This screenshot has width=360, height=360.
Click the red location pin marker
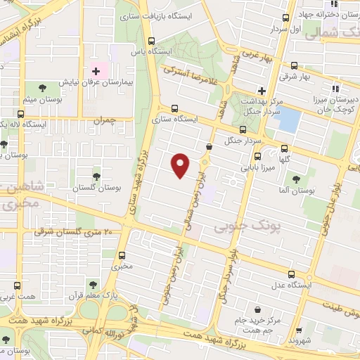(x=181, y=165)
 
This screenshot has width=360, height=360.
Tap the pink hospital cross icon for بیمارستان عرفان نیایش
(x=96, y=72)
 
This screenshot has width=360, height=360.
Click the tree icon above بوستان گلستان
(x=96, y=176)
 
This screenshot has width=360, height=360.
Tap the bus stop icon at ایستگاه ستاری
(x=174, y=108)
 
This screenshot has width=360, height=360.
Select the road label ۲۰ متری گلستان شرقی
(x=78, y=232)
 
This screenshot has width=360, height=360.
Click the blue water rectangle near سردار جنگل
(x=288, y=120)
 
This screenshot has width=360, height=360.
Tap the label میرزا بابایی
(x=260, y=167)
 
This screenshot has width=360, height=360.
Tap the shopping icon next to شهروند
(x=300, y=328)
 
